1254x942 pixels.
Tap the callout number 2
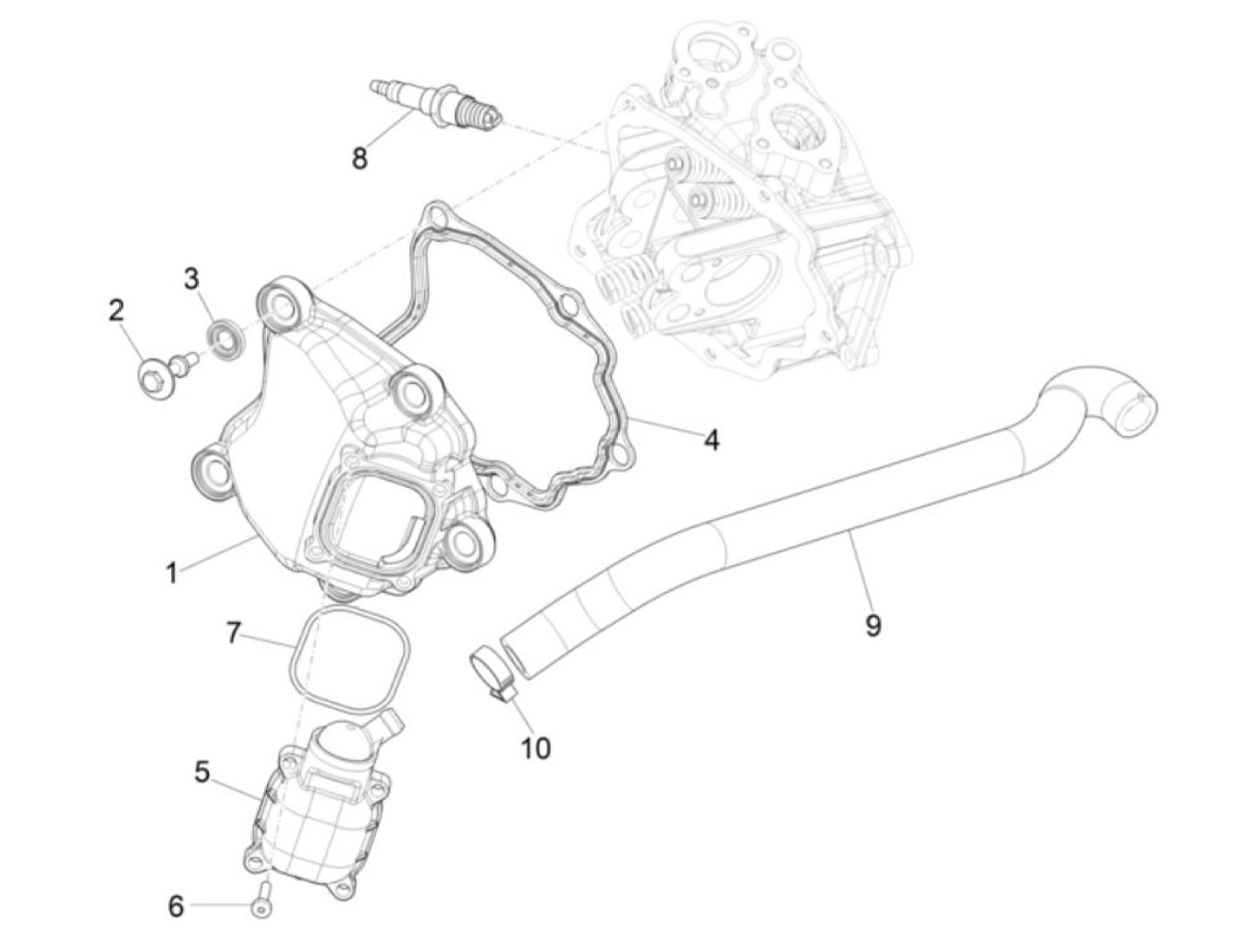point(116,311)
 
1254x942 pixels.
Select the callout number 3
point(192,279)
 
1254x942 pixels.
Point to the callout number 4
point(710,440)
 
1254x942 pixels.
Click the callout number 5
point(202,771)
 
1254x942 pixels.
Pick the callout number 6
point(176,906)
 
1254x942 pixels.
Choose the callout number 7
point(232,633)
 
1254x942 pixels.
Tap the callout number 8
point(359,158)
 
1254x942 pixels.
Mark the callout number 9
point(873,625)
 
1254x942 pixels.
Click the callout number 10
point(536,748)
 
